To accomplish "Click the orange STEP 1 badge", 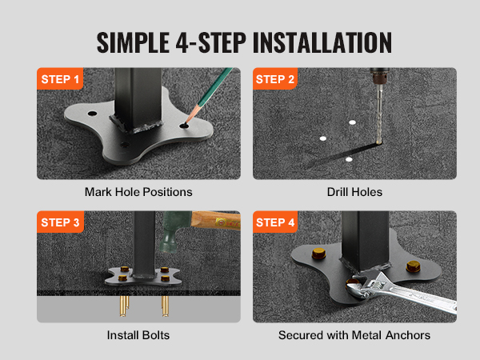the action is click(x=60, y=78).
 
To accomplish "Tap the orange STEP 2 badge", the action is click(x=275, y=78).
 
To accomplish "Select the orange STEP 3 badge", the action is click(x=60, y=222).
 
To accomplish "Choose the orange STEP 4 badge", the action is click(x=275, y=222).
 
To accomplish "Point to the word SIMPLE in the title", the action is click(x=133, y=42).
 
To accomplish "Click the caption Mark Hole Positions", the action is click(x=138, y=192).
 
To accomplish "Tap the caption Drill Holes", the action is click(x=354, y=192).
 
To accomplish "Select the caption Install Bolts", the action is click(x=138, y=335).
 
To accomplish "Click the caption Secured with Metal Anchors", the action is click(x=354, y=335).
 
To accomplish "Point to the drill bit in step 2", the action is click(x=379, y=114).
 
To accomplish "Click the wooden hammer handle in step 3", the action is click(x=216, y=220).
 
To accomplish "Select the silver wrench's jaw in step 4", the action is click(x=361, y=288).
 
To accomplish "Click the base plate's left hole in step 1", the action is click(x=92, y=114).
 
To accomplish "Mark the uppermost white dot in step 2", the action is click(x=352, y=122).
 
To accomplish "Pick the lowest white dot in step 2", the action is click(x=349, y=159).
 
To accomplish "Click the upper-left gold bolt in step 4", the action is click(x=318, y=254).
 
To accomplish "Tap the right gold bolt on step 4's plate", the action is click(x=413, y=266).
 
